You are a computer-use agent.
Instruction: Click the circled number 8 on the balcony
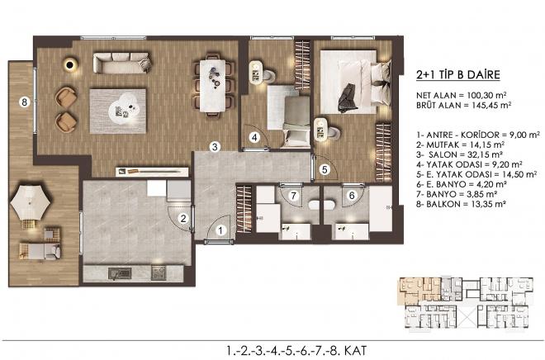pyautogui.click(x=25, y=102)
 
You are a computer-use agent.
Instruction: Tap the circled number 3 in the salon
pyautogui.click(x=214, y=146)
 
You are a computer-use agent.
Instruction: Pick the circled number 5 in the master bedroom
pyautogui.click(x=324, y=169)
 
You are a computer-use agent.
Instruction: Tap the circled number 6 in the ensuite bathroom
pyautogui.click(x=352, y=195)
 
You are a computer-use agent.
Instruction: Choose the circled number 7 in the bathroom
pyautogui.click(x=293, y=195)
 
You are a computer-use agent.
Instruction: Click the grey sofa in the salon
pyautogui.click(x=121, y=63)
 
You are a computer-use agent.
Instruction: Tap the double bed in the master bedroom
pyautogui.click(x=356, y=84)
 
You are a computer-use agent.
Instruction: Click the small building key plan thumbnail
pyautogui.click(x=468, y=301)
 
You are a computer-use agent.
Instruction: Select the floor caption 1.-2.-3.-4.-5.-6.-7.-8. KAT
pyautogui.click(x=272, y=348)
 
